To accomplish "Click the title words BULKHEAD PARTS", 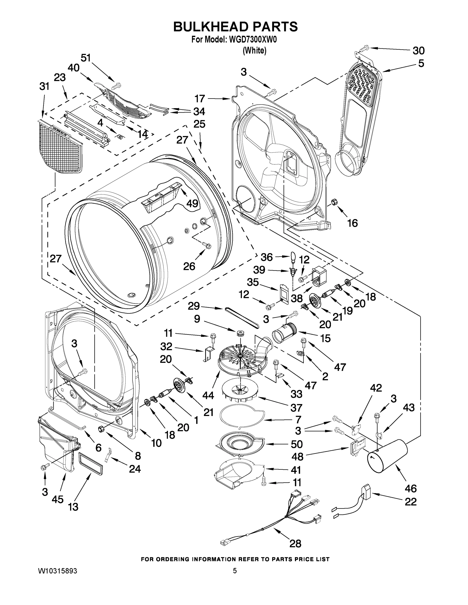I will (x=235, y=27).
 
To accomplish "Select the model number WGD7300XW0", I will (x=253, y=40).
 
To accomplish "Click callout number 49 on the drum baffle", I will (x=192, y=203).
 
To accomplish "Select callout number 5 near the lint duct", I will (x=421, y=64).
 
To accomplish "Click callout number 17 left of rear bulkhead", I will (x=200, y=98).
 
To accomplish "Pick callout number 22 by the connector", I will (x=410, y=501).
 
